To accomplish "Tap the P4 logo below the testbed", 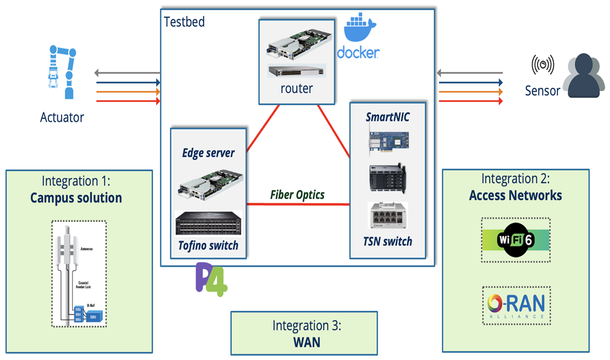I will pos(212,279).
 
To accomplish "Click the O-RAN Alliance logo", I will pos(516,306).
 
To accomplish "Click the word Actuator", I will pos(62,118).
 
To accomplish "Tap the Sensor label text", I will pos(542,91).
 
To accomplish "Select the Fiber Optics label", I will pos(297,195).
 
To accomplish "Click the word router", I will pos(297,89).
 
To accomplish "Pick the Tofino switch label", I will pos(208,245).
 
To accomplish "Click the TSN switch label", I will pos(388,242).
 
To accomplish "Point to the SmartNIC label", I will pos(388,117).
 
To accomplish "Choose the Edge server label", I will pos(208,153).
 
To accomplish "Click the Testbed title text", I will pos(184,22).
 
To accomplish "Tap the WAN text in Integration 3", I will pos(306,342).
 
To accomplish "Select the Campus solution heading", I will pos(76,198).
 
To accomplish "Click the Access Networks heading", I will pos(516,195).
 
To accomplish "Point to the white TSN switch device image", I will pos(388,216).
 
